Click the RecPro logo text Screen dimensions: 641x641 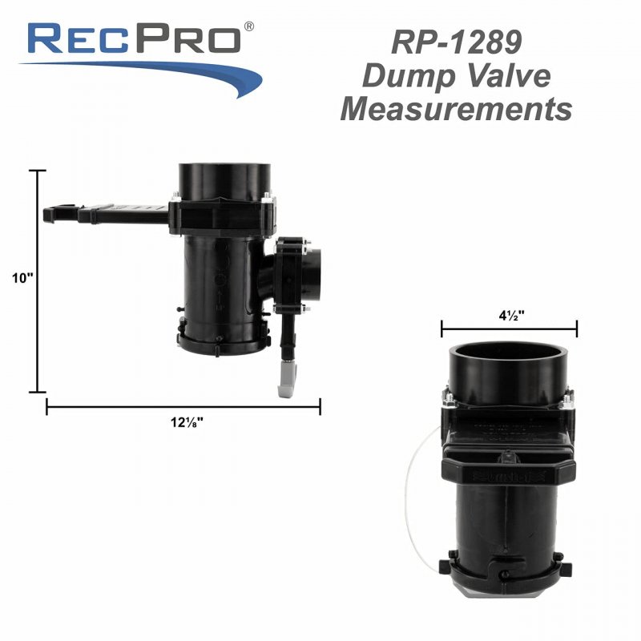point(135,38)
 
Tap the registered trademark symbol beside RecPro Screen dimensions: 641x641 point(248,26)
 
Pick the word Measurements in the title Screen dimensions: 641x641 point(456,109)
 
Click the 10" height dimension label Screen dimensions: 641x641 point(22,278)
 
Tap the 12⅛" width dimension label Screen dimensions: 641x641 point(187,422)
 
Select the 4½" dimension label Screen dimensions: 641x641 point(511,315)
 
